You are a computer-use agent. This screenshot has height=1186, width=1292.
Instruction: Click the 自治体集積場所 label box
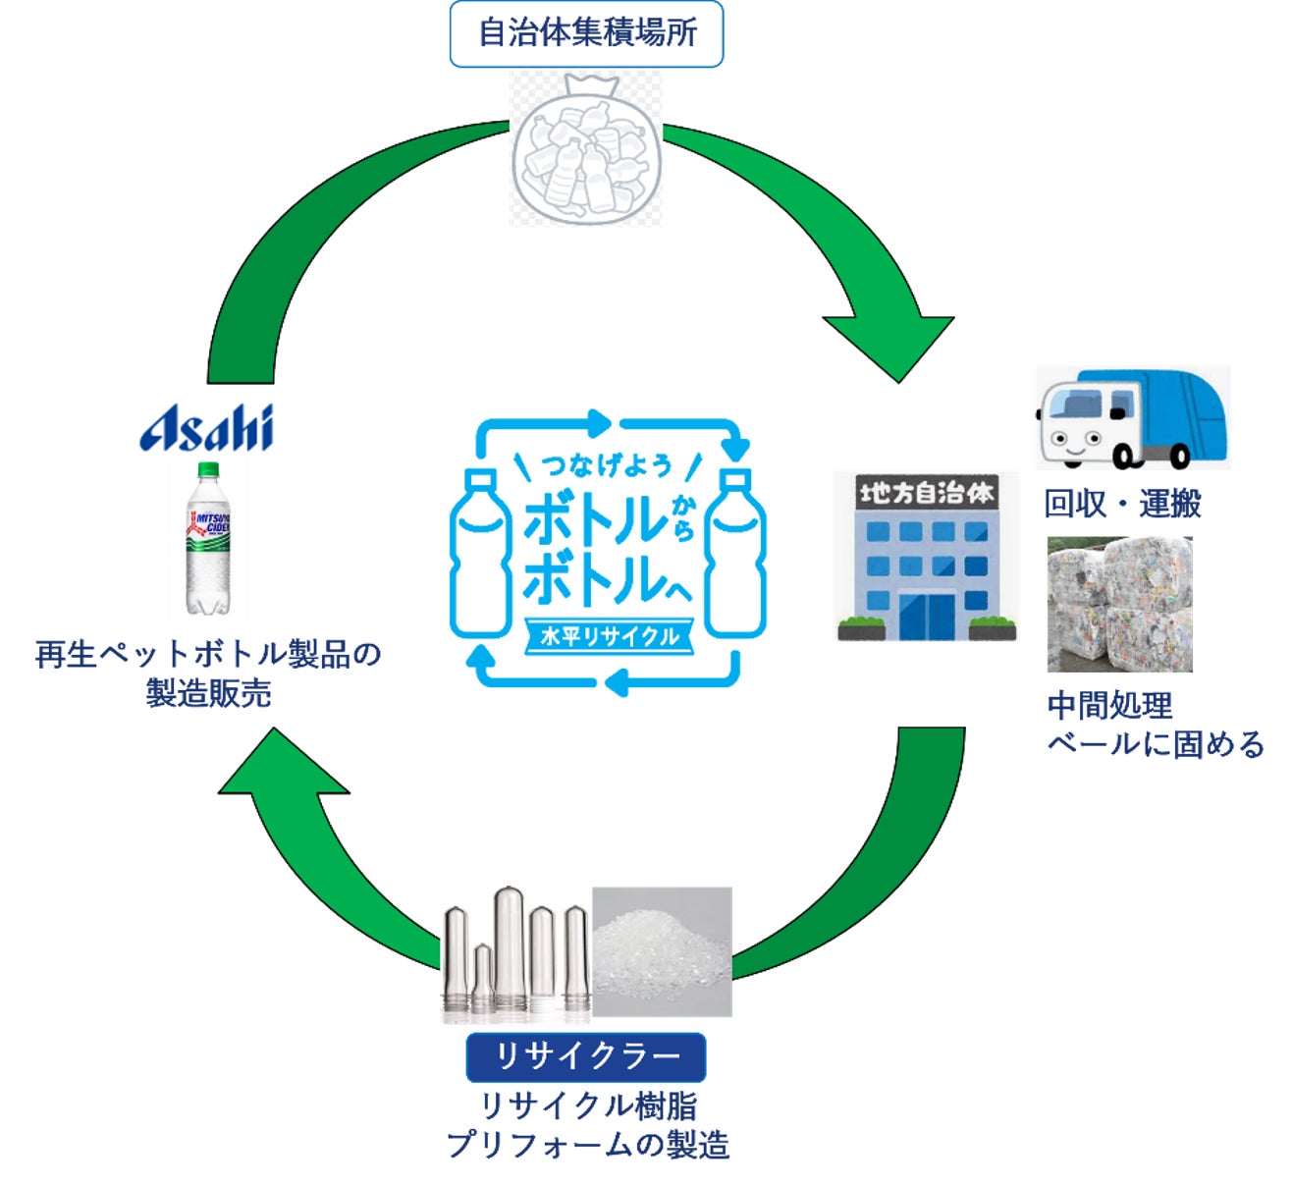click(x=586, y=33)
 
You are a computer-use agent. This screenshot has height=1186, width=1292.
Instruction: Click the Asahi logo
click(x=206, y=428)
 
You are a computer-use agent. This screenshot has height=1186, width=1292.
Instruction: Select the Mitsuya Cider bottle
click(x=207, y=538)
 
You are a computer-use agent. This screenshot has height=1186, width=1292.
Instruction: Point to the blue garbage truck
click(x=1131, y=418)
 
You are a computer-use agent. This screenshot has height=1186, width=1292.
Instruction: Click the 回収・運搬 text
click(x=1122, y=504)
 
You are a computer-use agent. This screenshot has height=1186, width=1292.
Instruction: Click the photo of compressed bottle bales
click(x=1119, y=604)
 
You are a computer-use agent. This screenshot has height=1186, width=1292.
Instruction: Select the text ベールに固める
click(x=1156, y=744)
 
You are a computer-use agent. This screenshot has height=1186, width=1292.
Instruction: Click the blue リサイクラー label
click(x=586, y=1056)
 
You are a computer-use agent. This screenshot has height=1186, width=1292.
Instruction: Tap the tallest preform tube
click(x=508, y=947)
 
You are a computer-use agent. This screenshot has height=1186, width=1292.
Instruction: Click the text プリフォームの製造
click(x=587, y=1145)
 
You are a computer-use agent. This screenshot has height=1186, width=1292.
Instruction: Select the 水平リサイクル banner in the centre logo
click(x=610, y=636)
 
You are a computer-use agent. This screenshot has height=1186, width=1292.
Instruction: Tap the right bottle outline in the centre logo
click(x=736, y=555)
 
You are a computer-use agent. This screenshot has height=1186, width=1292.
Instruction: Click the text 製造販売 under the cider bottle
click(x=208, y=693)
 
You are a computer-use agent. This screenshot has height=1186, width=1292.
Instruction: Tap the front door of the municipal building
click(x=925, y=616)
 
